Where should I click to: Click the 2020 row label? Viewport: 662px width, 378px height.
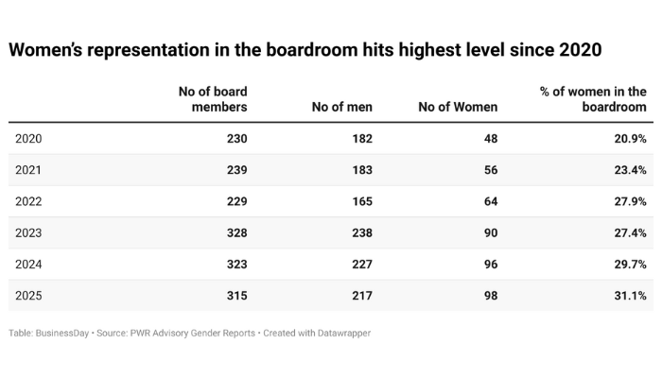(x=29, y=139)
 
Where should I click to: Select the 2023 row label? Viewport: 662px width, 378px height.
(x=29, y=233)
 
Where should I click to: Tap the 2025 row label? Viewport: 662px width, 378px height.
(x=29, y=296)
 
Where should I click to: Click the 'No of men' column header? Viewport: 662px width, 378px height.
(x=341, y=107)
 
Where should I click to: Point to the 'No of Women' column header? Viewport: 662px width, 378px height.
(x=458, y=107)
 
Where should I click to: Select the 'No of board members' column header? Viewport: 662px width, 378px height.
(x=213, y=99)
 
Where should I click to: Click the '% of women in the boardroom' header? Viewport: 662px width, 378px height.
(x=593, y=99)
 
